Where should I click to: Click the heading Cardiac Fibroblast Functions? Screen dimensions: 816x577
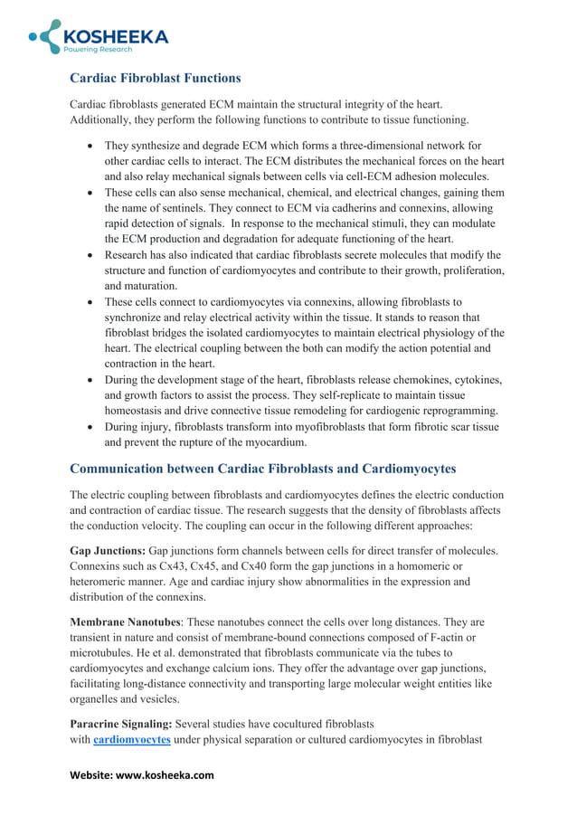[x=156, y=78]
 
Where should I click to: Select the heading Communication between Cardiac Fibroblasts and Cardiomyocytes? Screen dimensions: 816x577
[x=263, y=469]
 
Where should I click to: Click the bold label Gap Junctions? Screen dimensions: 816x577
[x=108, y=551]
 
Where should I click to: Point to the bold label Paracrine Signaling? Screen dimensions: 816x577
[x=121, y=725]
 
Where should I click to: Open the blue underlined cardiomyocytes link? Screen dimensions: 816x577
[x=132, y=740]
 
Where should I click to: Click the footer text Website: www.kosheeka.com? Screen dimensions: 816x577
[x=142, y=775]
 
